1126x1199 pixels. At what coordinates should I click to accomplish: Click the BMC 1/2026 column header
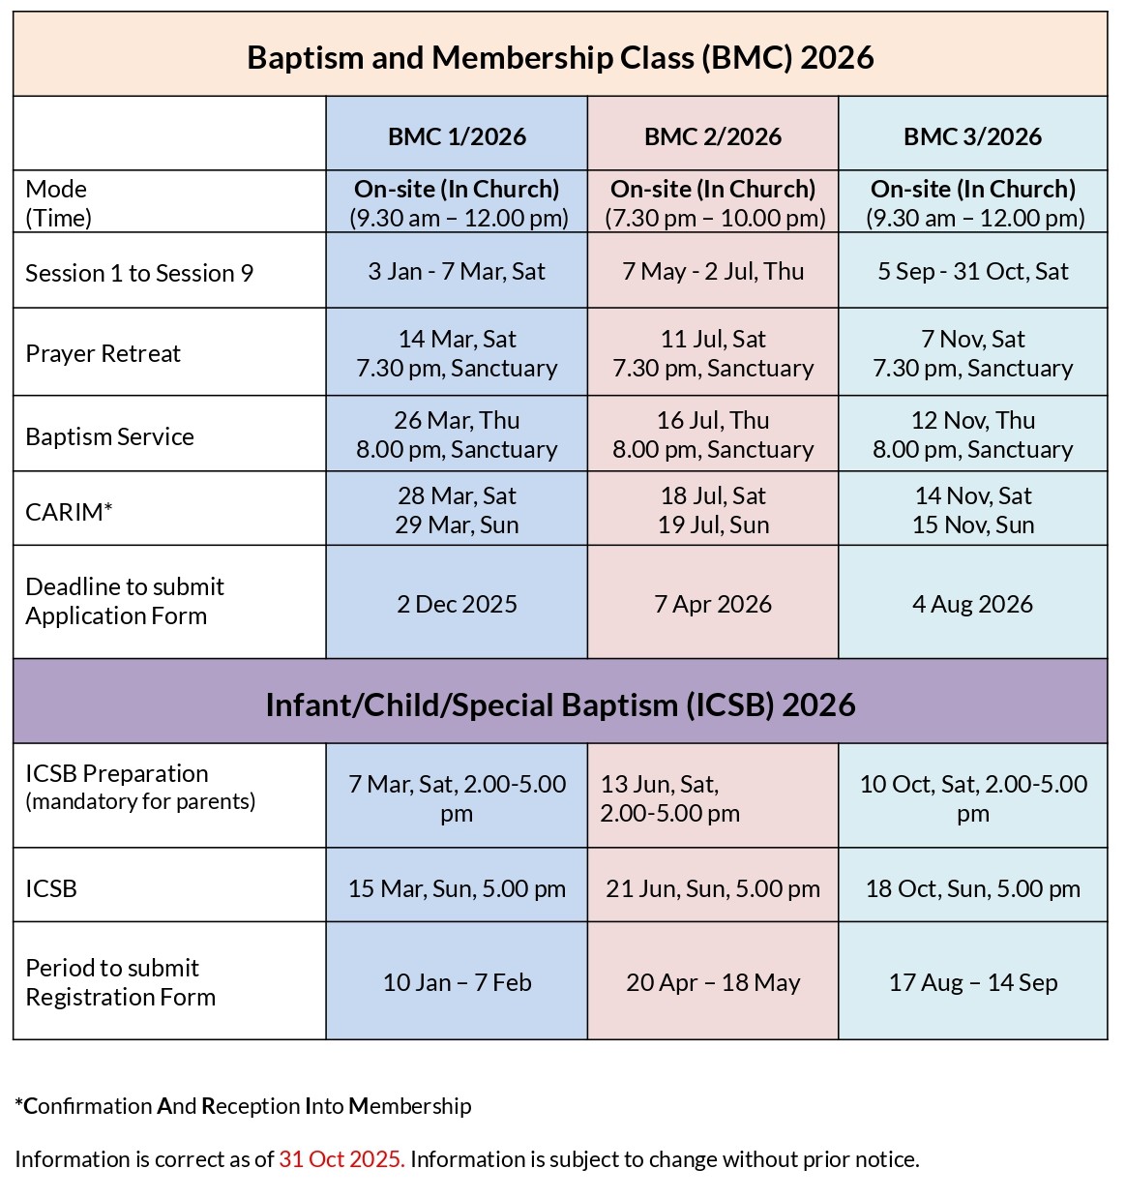tap(457, 136)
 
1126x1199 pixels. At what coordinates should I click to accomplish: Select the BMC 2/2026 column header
tap(713, 136)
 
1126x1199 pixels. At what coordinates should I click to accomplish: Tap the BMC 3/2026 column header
tap(972, 136)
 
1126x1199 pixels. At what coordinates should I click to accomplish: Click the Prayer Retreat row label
tap(104, 353)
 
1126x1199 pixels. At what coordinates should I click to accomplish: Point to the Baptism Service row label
tap(109, 436)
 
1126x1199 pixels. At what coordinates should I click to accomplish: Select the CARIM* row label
tap(69, 511)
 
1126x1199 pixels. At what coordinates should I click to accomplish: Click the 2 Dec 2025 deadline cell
tap(457, 604)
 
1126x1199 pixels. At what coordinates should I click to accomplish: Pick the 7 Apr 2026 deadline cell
tap(713, 604)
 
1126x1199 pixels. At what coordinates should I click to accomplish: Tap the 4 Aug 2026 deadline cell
tap(972, 604)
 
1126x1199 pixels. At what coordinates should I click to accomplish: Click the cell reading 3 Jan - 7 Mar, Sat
tap(457, 271)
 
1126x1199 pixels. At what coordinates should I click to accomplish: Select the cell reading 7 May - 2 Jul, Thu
tap(713, 271)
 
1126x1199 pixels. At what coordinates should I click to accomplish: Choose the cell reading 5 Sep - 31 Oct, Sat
tap(972, 271)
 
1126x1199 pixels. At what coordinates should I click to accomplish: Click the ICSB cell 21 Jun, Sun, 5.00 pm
tap(713, 888)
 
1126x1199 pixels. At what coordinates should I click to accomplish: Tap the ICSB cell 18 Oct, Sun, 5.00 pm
tap(972, 888)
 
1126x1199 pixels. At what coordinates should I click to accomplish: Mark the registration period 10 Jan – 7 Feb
tap(457, 982)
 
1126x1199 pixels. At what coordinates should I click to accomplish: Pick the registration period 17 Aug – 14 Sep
tap(972, 982)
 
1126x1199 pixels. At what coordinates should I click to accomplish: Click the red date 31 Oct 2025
tap(341, 1158)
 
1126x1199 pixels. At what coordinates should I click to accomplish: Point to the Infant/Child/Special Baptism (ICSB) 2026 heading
tap(560, 704)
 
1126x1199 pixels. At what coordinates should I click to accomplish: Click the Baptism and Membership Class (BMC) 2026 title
tap(560, 57)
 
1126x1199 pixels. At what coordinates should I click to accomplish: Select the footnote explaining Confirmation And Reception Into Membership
tap(243, 1105)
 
